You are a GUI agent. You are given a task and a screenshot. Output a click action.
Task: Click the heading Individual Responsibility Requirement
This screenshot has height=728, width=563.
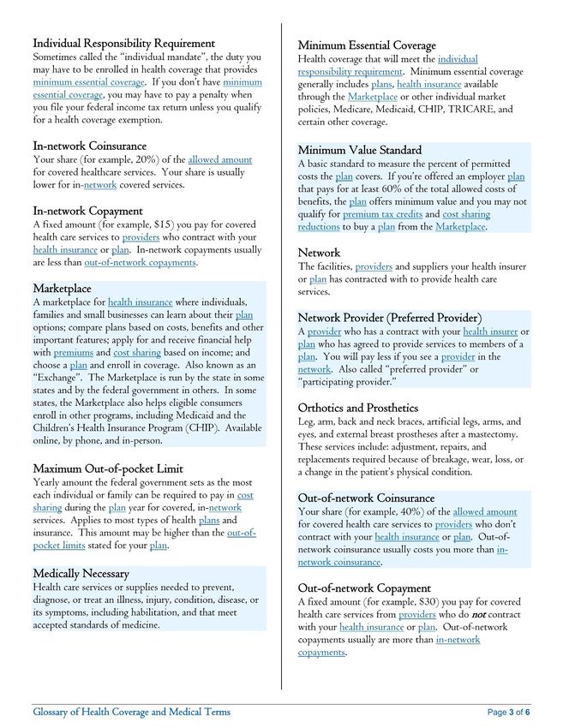click(x=123, y=43)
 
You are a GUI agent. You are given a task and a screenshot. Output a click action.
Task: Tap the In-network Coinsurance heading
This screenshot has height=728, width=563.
click(x=89, y=146)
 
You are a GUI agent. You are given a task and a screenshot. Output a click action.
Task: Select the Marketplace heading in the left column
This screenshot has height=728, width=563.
click(x=62, y=289)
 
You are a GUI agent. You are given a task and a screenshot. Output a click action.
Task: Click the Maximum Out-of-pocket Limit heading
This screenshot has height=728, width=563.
click(x=108, y=468)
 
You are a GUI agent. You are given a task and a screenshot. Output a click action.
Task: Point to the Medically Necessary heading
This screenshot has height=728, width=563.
click(x=81, y=572)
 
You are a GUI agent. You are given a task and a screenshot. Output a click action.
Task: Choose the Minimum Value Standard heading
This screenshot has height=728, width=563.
click(x=359, y=150)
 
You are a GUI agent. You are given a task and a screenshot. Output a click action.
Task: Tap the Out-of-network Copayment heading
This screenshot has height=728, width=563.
click(x=364, y=588)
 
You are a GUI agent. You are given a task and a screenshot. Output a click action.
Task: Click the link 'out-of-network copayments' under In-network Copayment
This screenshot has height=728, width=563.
click(x=141, y=263)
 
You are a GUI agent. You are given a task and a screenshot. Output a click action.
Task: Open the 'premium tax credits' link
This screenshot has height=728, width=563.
click(x=382, y=214)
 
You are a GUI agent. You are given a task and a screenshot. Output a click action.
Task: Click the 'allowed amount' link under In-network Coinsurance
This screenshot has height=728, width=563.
click(x=220, y=159)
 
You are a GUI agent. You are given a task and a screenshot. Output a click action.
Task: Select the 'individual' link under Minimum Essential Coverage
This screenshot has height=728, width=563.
click(x=458, y=59)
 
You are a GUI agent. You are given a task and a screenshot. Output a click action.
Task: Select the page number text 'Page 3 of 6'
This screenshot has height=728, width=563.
click(x=509, y=713)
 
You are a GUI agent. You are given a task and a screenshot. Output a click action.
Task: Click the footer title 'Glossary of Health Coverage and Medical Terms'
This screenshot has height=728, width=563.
click(x=131, y=712)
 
